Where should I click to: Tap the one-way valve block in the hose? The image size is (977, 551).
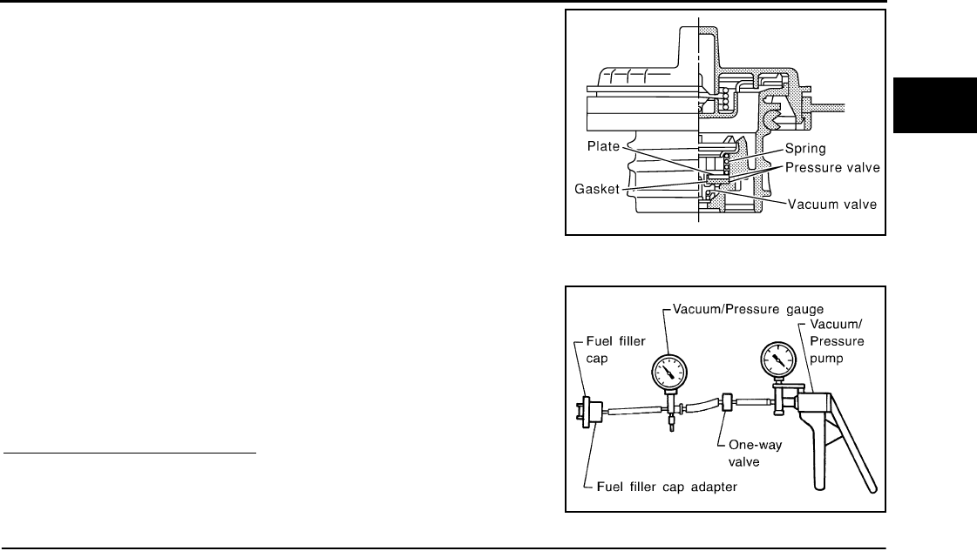click(x=727, y=403)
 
